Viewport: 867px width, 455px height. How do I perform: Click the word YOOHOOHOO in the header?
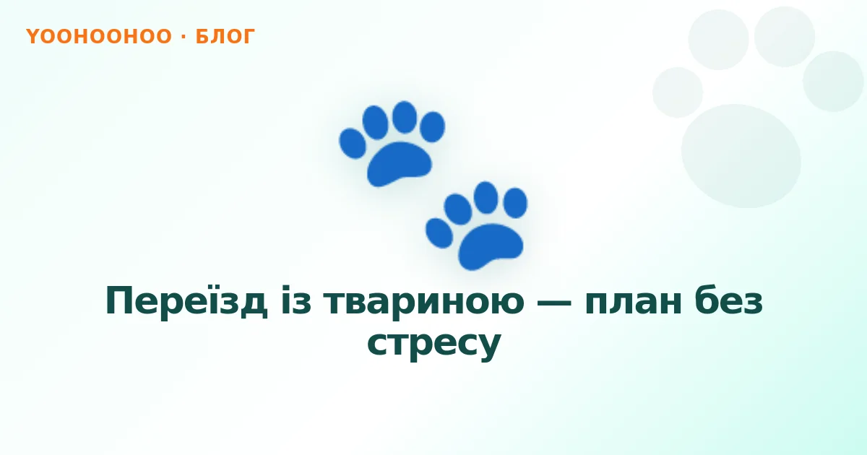click(99, 36)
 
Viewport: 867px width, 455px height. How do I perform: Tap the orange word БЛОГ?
click(225, 37)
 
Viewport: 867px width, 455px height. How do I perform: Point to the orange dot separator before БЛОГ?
click(184, 36)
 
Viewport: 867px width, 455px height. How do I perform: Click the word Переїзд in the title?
click(186, 301)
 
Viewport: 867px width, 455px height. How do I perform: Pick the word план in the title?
click(634, 302)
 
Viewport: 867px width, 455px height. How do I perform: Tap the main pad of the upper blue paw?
click(399, 164)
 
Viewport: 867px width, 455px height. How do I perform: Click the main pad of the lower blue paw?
click(491, 246)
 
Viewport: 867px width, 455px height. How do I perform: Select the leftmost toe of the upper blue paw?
click(353, 144)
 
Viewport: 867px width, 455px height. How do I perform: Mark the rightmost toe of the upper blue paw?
click(432, 126)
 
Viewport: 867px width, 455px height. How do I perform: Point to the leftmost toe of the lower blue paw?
click(439, 233)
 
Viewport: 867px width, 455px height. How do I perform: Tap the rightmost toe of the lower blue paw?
click(515, 203)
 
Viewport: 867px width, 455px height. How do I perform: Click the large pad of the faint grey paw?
click(741, 156)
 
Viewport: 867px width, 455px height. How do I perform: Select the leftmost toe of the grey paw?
click(678, 92)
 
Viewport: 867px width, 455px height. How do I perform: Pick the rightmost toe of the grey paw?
click(833, 81)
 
